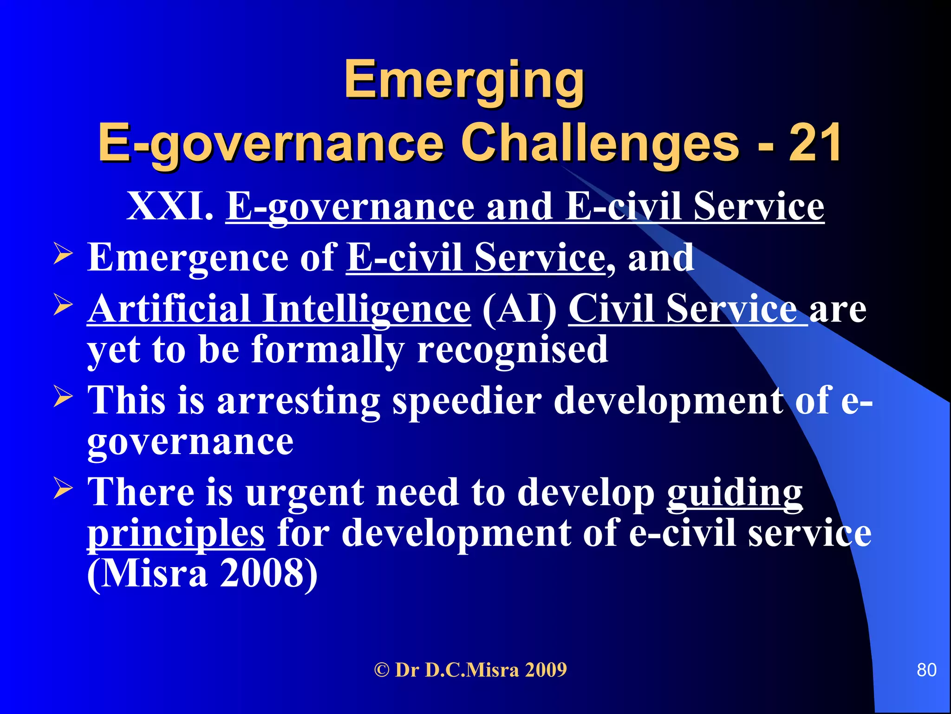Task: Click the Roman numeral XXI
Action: pos(170,206)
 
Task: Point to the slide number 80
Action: pos(926,670)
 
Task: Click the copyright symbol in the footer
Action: pos(382,670)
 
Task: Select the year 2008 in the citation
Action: pos(269,574)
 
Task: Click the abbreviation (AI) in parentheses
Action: pos(520,309)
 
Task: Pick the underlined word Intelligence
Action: pos(367,310)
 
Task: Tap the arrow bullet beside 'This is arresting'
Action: pos(63,396)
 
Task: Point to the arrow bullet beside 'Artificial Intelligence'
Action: pos(63,304)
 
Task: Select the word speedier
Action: pos(467,401)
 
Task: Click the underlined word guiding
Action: pos(735,494)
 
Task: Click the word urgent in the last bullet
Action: pos(305,494)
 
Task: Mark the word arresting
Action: pos(298,401)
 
